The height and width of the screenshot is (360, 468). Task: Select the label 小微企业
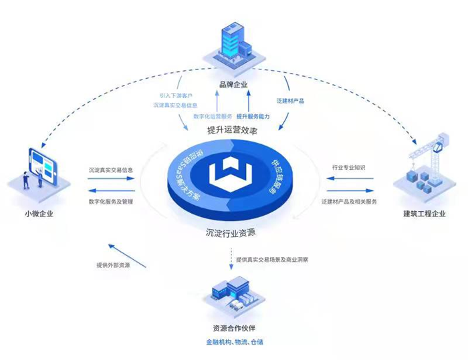39,214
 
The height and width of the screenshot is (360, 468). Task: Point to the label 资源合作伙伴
234,328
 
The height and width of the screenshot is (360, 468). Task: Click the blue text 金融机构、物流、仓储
235,342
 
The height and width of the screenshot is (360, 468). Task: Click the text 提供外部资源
114,264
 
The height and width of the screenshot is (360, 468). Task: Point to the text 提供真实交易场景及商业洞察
274,258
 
